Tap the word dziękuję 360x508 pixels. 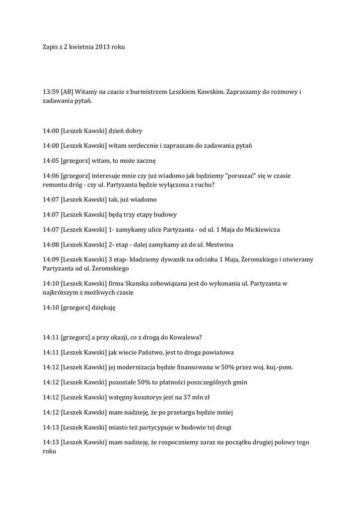pos(104,308)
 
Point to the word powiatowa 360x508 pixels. pos(216,352)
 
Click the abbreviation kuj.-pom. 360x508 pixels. pos(278,367)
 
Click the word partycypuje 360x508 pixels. pos(155,427)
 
